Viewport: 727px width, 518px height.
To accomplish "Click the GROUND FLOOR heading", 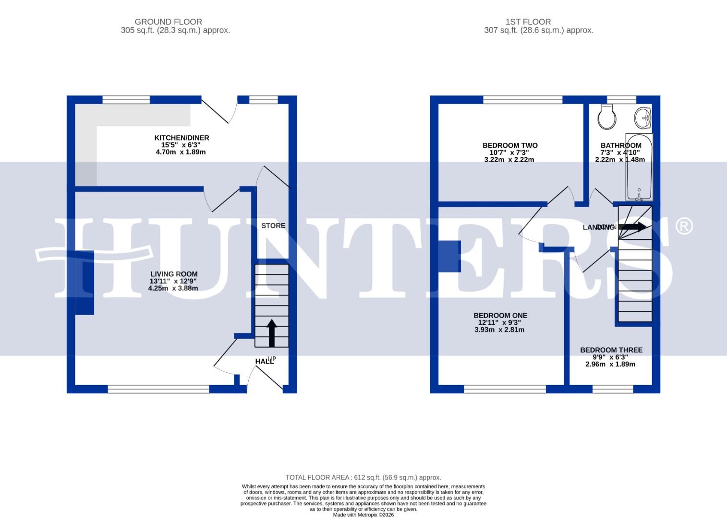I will (x=168, y=22).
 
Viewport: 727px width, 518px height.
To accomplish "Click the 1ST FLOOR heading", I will (x=528, y=22).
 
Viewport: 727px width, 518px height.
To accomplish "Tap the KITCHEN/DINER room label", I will (x=182, y=138).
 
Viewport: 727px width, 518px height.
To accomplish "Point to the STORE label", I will (x=273, y=225).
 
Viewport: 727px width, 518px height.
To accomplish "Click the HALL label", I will (x=264, y=361).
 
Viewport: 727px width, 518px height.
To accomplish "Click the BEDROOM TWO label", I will (x=509, y=145).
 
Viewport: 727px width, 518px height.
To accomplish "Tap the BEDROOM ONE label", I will (x=500, y=315).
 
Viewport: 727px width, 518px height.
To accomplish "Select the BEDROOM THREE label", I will (x=611, y=350).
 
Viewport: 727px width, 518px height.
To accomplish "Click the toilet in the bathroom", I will (x=607, y=118).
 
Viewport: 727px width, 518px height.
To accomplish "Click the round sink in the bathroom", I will (x=643, y=117).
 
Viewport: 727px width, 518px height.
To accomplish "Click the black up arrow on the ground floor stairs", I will (x=272, y=333).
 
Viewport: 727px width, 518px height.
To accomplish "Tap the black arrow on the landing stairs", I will (x=634, y=227).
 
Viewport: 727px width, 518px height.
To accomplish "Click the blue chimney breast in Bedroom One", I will (x=449, y=256).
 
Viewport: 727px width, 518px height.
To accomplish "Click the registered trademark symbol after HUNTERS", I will (x=684, y=226).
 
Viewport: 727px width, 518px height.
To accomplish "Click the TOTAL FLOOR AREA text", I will (x=363, y=477).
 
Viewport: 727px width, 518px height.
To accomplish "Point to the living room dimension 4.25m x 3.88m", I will (x=173, y=288).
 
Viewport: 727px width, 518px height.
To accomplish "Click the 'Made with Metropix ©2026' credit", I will (x=363, y=515).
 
